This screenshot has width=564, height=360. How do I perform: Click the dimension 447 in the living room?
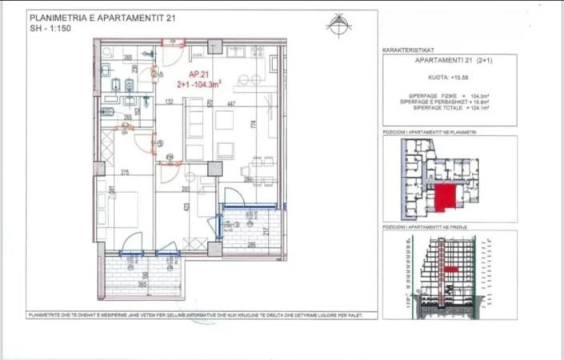(230, 103)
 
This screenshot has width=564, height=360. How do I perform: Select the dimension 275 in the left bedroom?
(125, 173)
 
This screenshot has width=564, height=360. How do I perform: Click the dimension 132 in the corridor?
(170, 102)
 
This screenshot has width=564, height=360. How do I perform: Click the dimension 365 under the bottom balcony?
(142, 284)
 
